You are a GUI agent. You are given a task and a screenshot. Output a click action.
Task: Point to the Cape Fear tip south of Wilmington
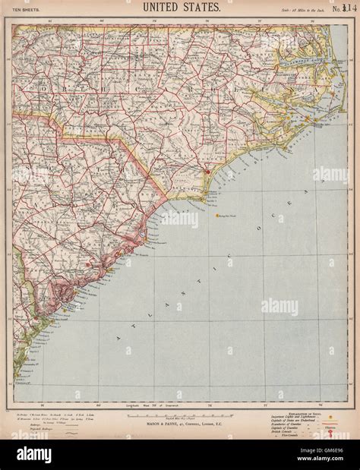(204, 199)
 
